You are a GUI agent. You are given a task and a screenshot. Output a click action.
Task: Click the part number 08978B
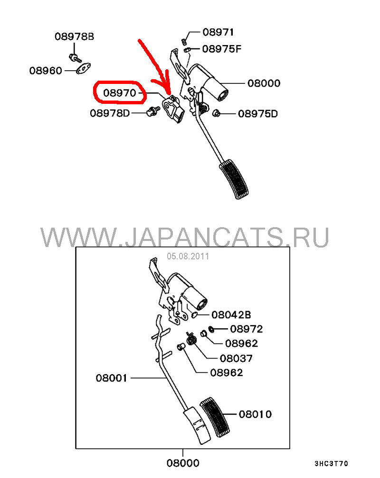pyautogui.click(x=75, y=37)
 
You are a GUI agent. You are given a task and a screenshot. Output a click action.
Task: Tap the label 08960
pyautogui.click(x=46, y=71)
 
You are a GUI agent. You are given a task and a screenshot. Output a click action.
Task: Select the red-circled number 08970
pyautogui.click(x=119, y=92)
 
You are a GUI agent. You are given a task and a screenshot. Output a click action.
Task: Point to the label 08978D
pyautogui.click(x=110, y=113)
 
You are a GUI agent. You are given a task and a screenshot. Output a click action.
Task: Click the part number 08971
pyautogui.click(x=218, y=32)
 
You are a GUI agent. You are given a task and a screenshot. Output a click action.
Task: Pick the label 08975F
pyautogui.click(x=222, y=49)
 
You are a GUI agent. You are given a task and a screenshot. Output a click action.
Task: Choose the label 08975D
pyautogui.click(x=258, y=114)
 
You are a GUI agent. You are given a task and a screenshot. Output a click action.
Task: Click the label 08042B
pyautogui.click(x=231, y=314)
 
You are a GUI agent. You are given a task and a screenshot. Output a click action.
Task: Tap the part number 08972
pyautogui.click(x=246, y=329)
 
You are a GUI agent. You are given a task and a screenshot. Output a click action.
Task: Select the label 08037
pyautogui.click(x=236, y=358)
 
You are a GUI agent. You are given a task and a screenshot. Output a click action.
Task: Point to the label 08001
pyautogui.click(x=112, y=378)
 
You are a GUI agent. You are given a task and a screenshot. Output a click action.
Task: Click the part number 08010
pyautogui.click(x=255, y=414)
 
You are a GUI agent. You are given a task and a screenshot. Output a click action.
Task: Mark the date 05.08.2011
pyautogui.click(x=188, y=257)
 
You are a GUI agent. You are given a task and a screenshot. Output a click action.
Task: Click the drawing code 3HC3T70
pyautogui.click(x=332, y=464)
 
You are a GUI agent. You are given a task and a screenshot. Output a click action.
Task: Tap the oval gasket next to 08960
pyautogui.click(x=83, y=69)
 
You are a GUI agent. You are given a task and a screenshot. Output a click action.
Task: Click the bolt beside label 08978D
pyautogui.click(x=153, y=111)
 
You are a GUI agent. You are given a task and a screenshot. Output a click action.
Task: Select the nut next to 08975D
pyautogui.click(x=216, y=113)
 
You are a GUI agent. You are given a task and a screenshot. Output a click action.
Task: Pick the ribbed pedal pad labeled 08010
pyautogui.click(x=215, y=417)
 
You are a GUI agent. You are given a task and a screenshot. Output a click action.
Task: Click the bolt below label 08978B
pyautogui.click(x=75, y=57)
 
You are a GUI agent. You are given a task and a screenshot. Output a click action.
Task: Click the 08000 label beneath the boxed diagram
pyautogui.click(x=183, y=463)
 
